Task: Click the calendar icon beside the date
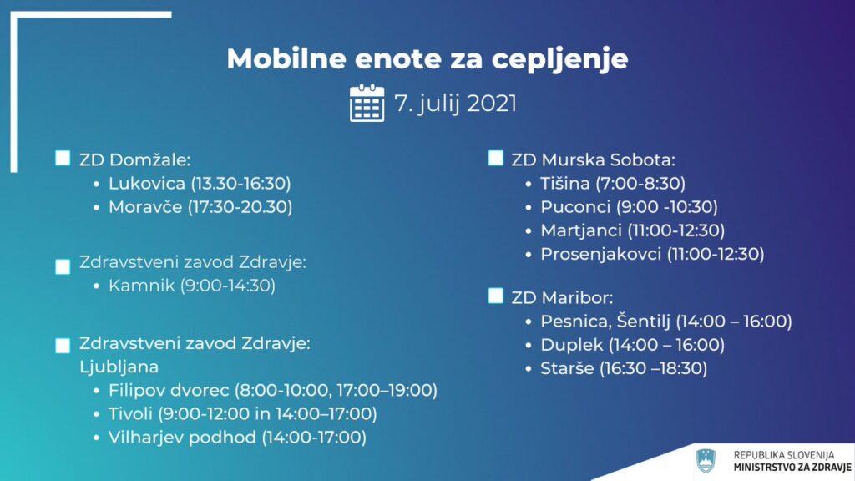coord(367,103)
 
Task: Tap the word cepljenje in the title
coord(560,59)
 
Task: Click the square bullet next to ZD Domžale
coord(63,158)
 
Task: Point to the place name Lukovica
coord(147,183)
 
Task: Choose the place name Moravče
coord(145,207)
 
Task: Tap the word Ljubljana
coord(119,367)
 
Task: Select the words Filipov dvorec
coord(169,391)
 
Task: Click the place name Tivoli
coord(130,414)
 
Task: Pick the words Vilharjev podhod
coord(182,438)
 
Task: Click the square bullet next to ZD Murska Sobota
coord(496,158)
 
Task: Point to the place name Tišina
coord(565,183)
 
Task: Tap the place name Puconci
coord(575,207)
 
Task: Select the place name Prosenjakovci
coord(600,254)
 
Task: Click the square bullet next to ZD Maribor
coord(496,296)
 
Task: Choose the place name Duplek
coord(571,345)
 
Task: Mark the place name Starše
coord(567,368)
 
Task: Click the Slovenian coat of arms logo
coord(706,461)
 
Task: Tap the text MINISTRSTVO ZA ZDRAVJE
coord(792,468)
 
